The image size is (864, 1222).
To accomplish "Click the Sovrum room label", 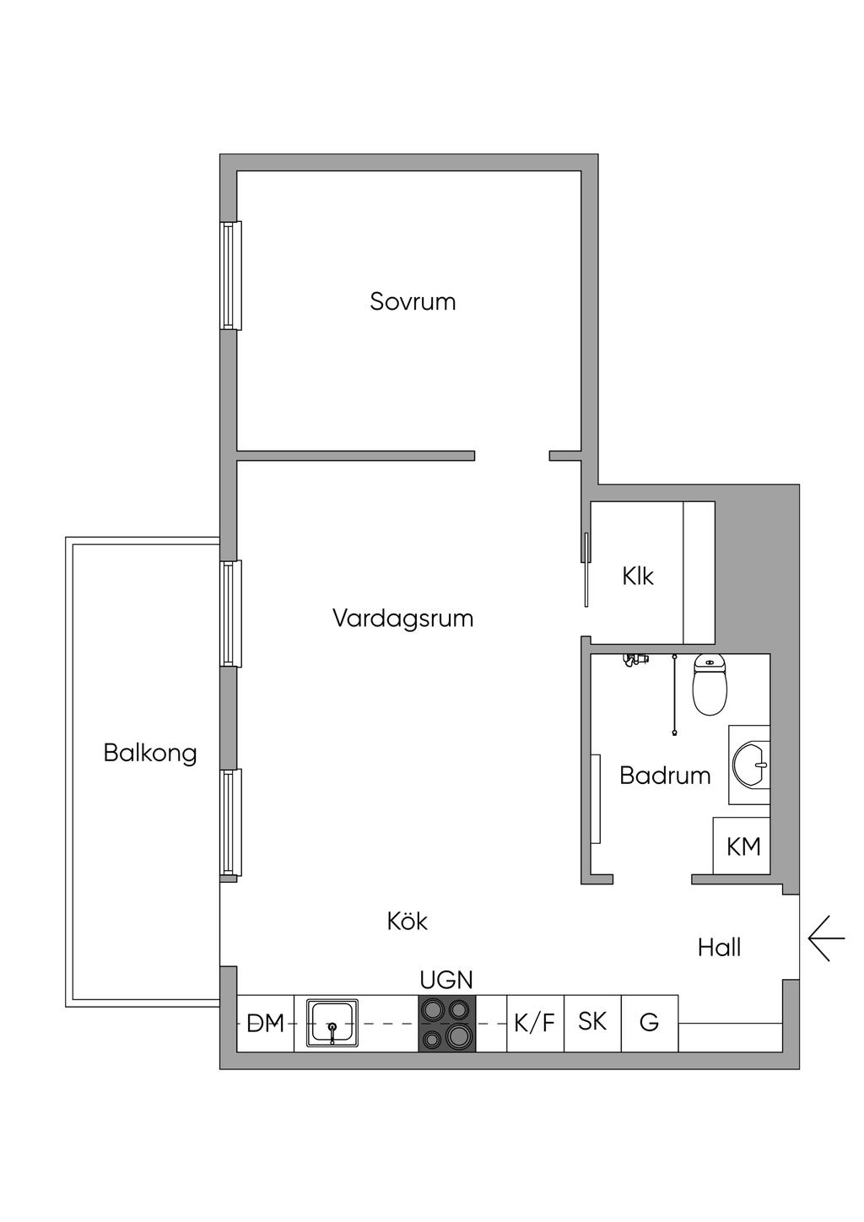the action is [x=413, y=301].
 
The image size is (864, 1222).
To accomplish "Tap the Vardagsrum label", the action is [x=402, y=619].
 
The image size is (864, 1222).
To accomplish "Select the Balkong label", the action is [x=150, y=753].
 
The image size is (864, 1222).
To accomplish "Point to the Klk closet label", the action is [x=638, y=576].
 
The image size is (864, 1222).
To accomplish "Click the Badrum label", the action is [x=665, y=776].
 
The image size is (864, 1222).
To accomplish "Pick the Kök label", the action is [x=408, y=921].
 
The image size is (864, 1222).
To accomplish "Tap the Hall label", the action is [x=719, y=948].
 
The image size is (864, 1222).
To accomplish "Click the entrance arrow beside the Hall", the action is [x=825, y=938].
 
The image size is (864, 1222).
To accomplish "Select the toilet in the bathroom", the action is [x=710, y=684].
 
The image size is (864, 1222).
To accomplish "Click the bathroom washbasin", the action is [x=749, y=765].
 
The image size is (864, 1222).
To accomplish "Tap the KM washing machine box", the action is [x=742, y=846].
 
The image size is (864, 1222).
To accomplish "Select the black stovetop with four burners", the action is [x=447, y=1023].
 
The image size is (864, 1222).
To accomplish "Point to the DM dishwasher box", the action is [x=266, y=1024].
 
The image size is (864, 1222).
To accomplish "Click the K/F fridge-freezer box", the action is [x=535, y=1024].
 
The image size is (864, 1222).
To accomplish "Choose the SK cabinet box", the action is [x=592, y=1022].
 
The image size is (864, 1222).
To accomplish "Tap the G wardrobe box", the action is [x=649, y=1023].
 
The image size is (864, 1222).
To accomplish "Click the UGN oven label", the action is [x=446, y=980].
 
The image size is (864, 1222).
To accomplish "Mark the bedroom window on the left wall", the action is [x=230, y=275].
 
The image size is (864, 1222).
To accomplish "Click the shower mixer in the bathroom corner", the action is [x=634, y=660].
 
